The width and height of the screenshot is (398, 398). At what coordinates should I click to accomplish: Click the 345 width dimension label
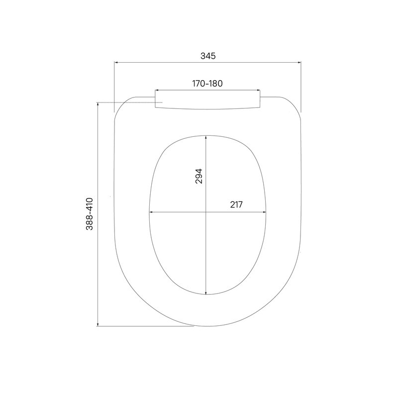[x=208, y=56]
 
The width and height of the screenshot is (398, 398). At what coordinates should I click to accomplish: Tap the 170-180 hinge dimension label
[x=207, y=83]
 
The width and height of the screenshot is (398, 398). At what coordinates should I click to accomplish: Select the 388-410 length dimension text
[x=90, y=214]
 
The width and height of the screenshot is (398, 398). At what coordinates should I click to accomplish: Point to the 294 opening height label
[x=199, y=176]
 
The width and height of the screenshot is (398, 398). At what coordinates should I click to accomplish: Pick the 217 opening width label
[x=236, y=204]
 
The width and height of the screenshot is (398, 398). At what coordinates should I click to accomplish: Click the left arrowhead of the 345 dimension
[x=116, y=62]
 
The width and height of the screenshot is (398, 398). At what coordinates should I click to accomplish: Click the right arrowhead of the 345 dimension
[x=299, y=62]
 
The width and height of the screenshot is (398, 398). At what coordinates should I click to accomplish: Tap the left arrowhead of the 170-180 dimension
[x=157, y=90]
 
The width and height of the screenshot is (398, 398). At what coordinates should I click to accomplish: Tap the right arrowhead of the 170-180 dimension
[x=258, y=90]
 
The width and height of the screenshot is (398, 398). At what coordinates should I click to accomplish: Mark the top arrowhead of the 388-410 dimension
[x=98, y=104]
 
